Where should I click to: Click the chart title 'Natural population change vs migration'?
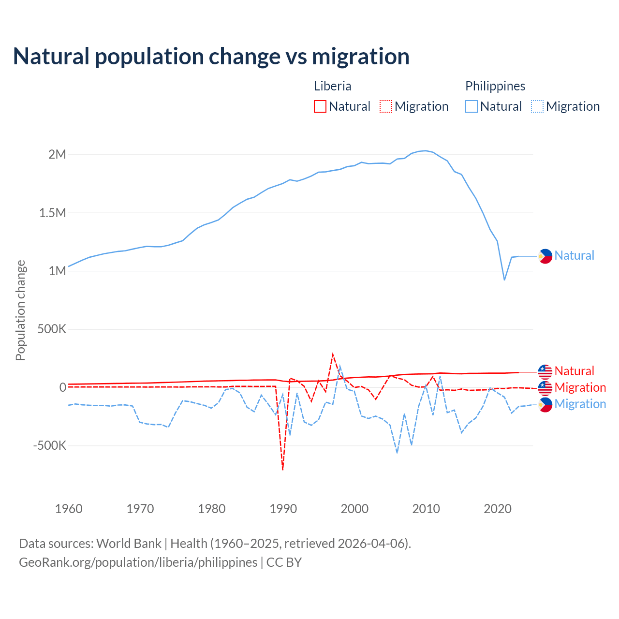211,57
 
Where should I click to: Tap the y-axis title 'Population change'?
20,310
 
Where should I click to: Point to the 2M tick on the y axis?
57,155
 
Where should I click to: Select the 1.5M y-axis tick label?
52,213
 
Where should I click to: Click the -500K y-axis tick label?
49,445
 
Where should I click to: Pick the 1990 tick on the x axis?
283,509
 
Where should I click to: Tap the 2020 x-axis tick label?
498,509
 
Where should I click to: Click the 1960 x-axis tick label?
69,509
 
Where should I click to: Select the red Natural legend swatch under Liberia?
320,106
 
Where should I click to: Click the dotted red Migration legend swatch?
386,106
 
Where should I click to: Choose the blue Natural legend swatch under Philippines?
472,106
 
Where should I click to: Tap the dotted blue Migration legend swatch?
537,106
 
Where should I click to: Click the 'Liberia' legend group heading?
333,86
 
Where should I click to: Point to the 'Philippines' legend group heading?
495,86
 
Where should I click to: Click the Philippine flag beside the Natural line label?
545,256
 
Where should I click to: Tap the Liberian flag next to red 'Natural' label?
545,371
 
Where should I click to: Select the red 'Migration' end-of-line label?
580,387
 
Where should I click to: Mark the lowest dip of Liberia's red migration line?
283,470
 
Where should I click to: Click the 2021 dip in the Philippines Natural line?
504,280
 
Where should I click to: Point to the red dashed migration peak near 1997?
333,354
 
